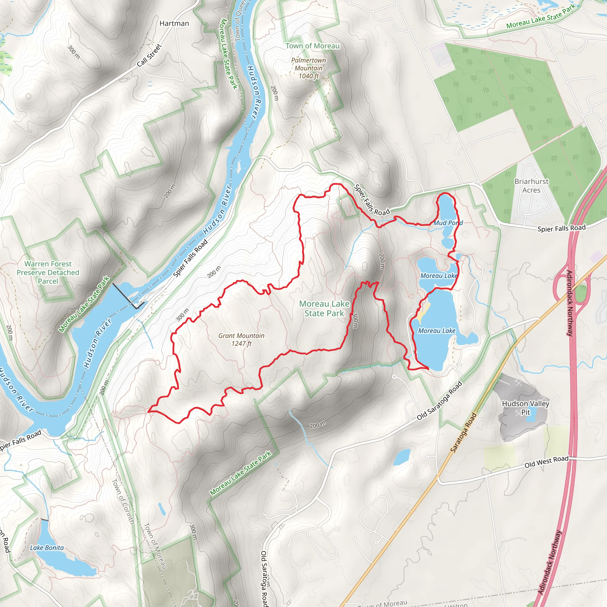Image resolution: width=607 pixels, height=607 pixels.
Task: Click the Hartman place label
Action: click(174, 24)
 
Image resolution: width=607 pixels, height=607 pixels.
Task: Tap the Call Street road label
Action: click(149, 55)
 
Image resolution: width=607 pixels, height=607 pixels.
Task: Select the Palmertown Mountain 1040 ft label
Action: click(309, 68)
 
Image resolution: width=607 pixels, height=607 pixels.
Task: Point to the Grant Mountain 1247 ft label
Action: click(241, 340)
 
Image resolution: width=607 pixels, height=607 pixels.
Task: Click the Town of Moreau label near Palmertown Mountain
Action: click(312, 46)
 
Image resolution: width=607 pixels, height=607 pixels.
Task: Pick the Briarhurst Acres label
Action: click(531, 186)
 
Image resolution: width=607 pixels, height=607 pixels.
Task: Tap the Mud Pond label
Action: click(448, 223)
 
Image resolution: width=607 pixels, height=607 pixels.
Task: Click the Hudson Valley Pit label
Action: click(525, 408)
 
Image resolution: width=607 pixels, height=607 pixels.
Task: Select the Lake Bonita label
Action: click(47, 548)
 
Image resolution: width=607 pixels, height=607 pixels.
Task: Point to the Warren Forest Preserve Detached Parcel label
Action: click(48, 272)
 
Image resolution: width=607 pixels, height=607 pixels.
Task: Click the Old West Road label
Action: click(546, 462)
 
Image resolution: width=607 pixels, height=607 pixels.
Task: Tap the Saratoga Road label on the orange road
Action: click(464, 433)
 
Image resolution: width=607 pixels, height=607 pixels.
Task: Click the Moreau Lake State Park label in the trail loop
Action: click(324, 308)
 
